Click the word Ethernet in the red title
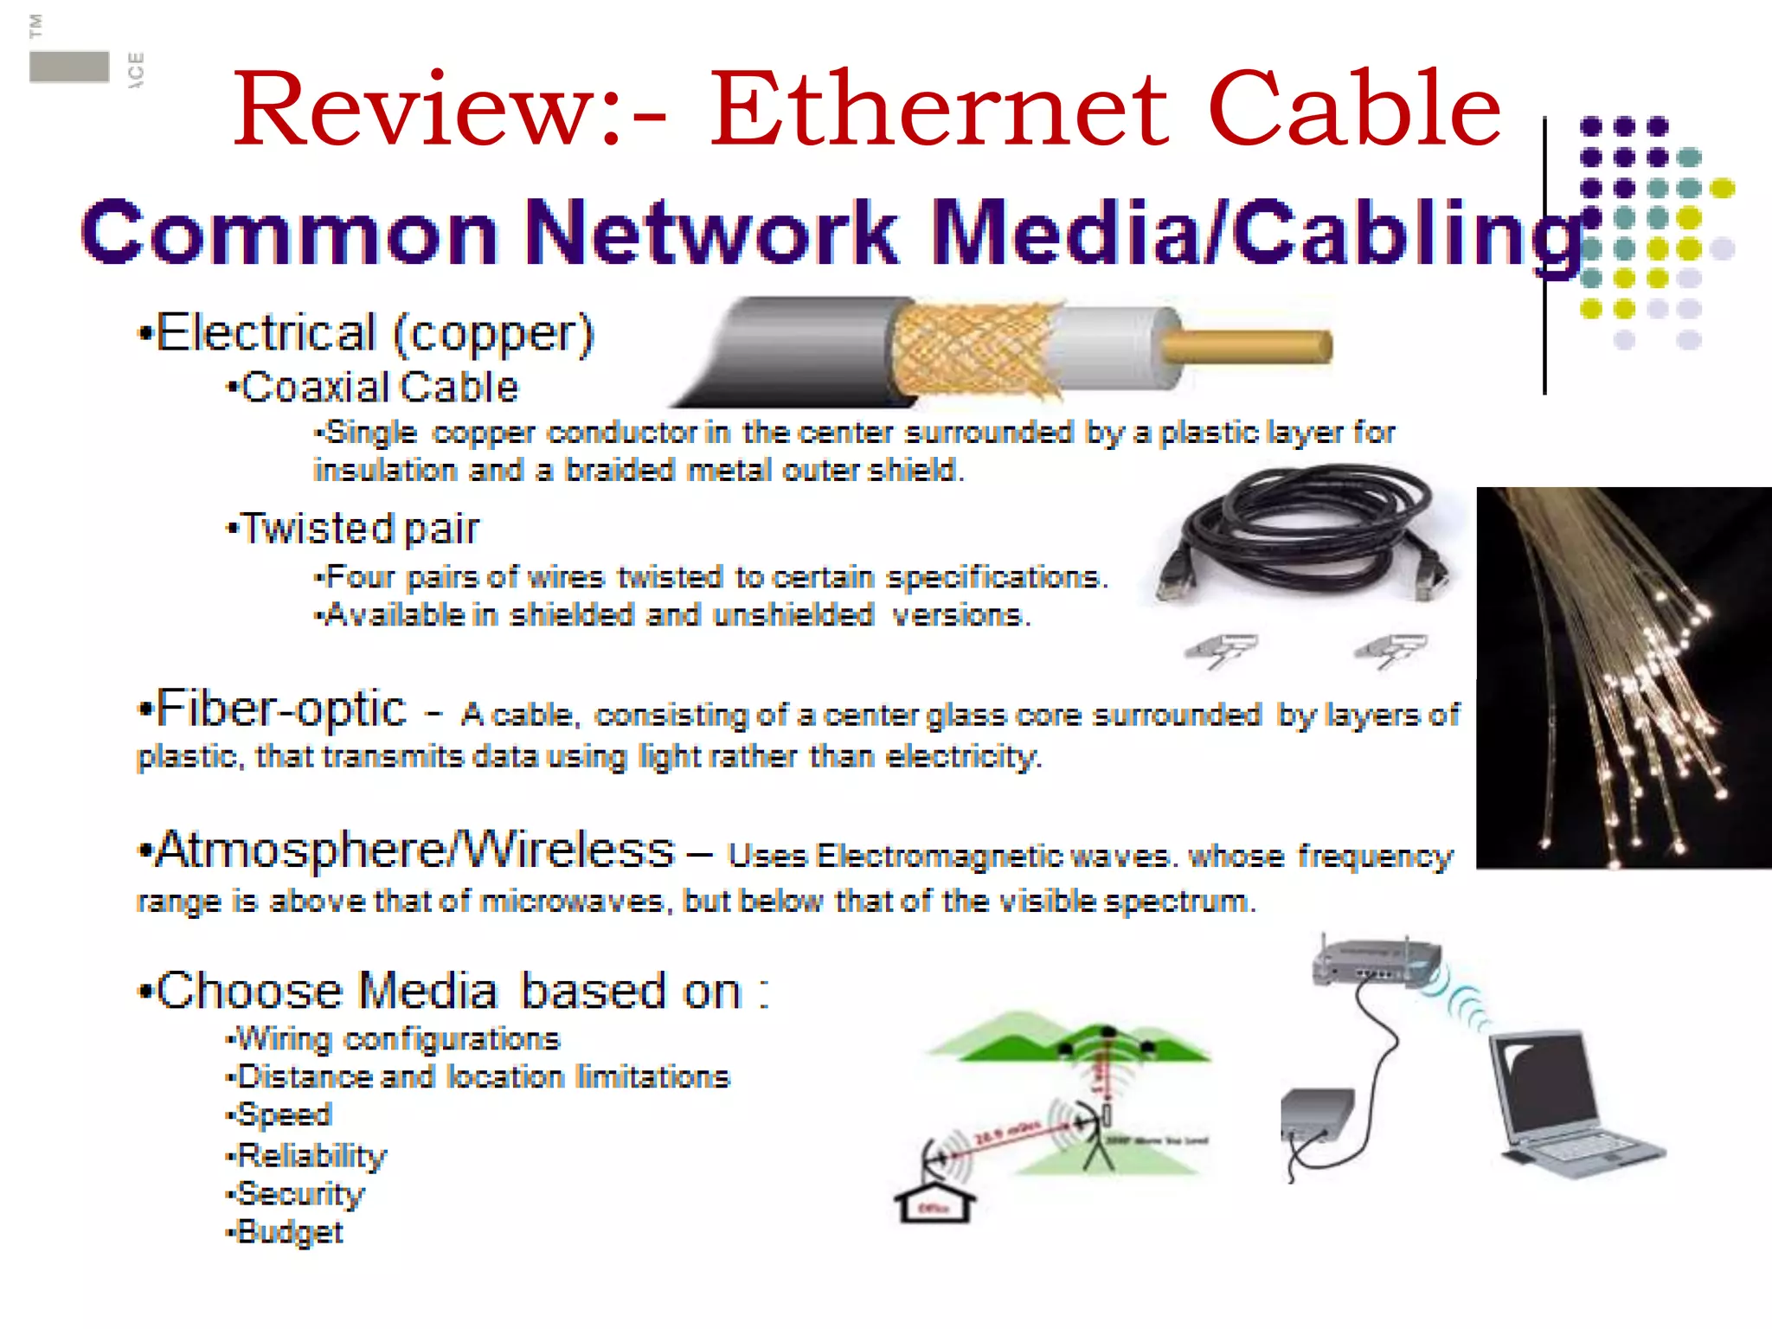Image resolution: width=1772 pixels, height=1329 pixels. click(939, 110)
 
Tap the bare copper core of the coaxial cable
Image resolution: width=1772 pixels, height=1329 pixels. click(1246, 346)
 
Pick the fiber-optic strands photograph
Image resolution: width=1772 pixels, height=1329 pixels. click(1623, 677)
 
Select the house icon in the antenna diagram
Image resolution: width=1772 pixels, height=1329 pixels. click(934, 1203)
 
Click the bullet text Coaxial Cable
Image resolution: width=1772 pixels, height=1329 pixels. click(379, 388)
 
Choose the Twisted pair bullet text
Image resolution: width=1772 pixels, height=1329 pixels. click(359, 529)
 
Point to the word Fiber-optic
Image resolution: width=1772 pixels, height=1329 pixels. click(280, 709)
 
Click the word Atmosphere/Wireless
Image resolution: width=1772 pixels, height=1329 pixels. click(415, 850)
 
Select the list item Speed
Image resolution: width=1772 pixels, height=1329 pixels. click(284, 1114)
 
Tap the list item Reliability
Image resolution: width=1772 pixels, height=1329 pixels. click(311, 1155)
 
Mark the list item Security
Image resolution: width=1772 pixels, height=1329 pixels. click(300, 1194)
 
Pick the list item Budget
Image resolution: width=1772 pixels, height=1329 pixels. click(290, 1232)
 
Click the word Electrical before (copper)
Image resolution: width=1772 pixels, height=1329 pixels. click(266, 333)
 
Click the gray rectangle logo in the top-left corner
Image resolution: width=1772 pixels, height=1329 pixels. click(69, 67)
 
